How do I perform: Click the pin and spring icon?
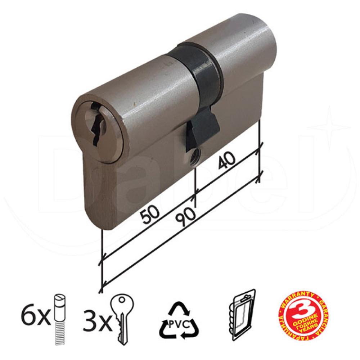[60, 319]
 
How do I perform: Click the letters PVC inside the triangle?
[179, 323]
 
